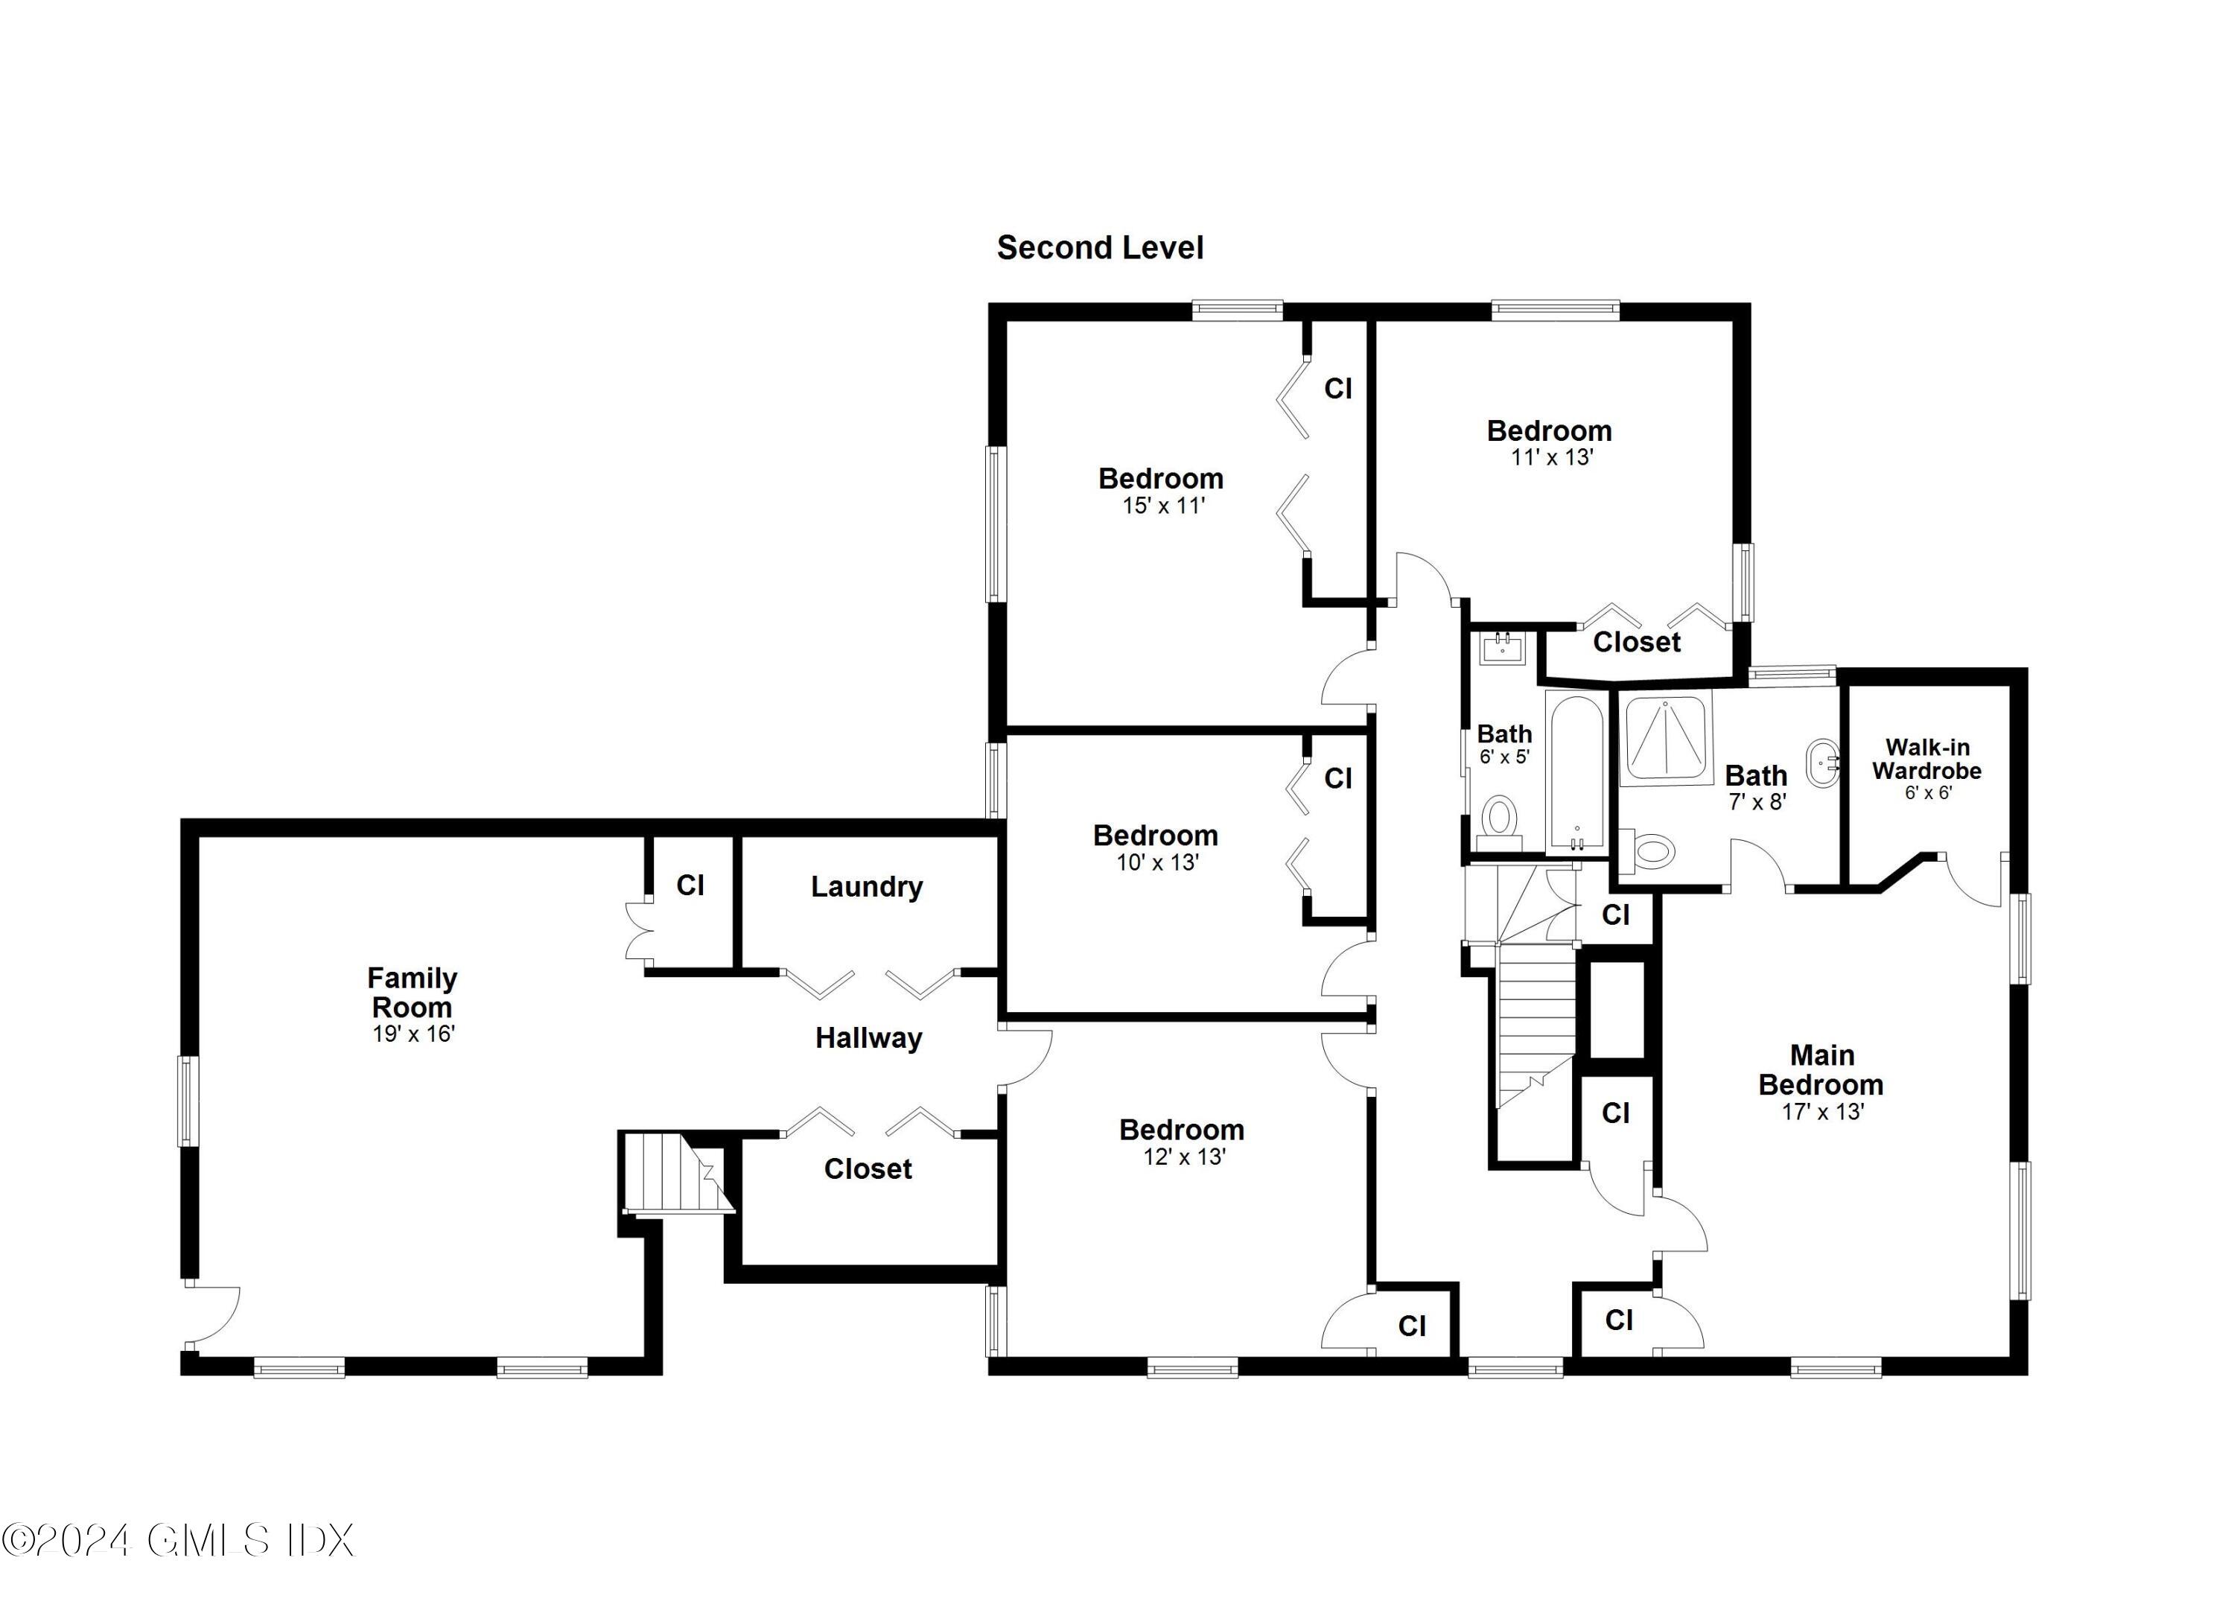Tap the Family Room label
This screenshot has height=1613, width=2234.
tap(412, 992)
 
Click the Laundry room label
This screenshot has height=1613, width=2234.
tap(867, 887)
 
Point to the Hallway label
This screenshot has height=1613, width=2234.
tap(868, 1037)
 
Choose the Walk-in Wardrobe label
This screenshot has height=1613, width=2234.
tap(1926, 759)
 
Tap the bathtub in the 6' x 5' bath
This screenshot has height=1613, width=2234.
tap(1576, 774)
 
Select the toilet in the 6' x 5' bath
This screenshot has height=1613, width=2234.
tap(1499, 818)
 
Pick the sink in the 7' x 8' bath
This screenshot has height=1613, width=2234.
tap(1825, 763)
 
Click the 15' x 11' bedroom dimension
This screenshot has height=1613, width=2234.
tap(1163, 506)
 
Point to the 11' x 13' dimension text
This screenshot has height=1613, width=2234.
tap(1551, 457)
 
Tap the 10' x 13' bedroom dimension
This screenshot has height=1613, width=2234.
tap(1156, 863)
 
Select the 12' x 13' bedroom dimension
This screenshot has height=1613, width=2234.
tap(1183, 1157)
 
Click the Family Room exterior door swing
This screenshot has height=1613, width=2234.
tap(211, 1314)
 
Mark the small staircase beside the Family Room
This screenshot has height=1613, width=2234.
tap(675, 1173)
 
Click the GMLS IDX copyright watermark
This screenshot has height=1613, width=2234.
tap(177, 1540)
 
